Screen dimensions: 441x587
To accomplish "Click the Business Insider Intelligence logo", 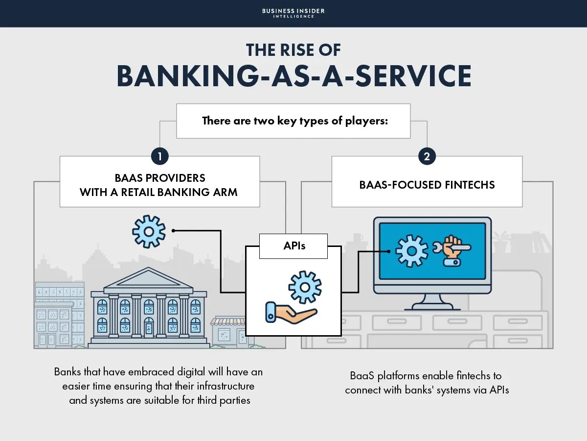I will pyautogui.click(x=293, y=13).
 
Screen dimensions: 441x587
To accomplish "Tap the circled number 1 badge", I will pyautogui.click(x=159, y=157).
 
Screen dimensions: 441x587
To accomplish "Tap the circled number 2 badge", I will pyautogui.click(x=427, y=157).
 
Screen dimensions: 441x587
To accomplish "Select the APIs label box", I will pyautogui.click(x=293, y=246).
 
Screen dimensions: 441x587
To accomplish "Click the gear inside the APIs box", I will pyautogui.click(x=305, y=286).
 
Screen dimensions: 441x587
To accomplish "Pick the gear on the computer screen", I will pyautogui.click(x=411, y=250).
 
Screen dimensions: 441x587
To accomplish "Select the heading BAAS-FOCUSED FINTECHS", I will pyautogui.click(x=427, y=185).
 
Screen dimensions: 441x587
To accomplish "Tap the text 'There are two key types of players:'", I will pyautogui.click(x=295, y=121).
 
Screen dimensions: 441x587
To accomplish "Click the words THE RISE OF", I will pyautogui.click(x=293, y=50).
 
